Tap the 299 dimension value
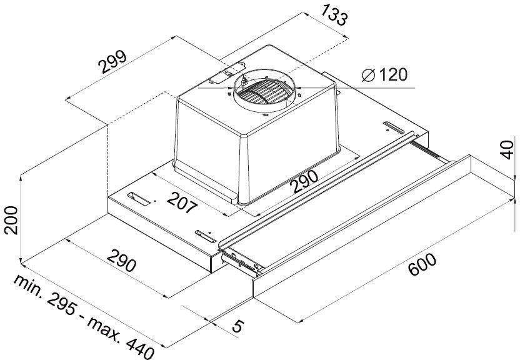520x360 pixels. pos(113,62)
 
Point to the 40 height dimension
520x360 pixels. pos(507,149)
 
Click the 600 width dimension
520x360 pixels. pos(422,264)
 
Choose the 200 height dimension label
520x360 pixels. pos(11,220)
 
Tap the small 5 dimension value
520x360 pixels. pos(237,326)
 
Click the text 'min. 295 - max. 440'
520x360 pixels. pos(84,317)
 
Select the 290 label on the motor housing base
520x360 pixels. pos(304,181)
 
